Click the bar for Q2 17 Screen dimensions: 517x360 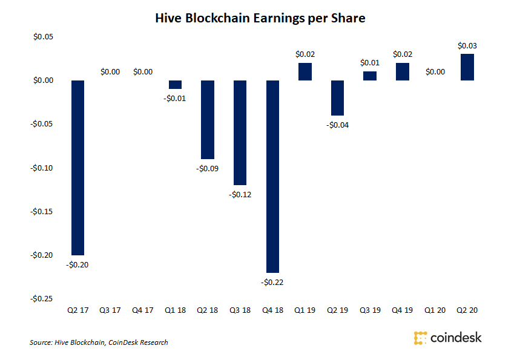click(x=78, y=168)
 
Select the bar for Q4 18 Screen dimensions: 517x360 click(x=272, y=177)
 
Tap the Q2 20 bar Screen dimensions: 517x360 click(x=467, y=67)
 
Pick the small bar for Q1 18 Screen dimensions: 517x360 click(x=175, y=85)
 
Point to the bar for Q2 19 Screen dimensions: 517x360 click(x=337, y=98)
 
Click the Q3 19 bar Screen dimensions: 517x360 click(x=370, y=76)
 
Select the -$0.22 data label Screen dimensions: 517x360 click(x=272, y=282)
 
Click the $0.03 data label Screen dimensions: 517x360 click(x=467, y=46)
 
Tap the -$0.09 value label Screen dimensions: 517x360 click(x=208, y=168)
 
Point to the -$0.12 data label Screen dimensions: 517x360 click(x=240, y=194)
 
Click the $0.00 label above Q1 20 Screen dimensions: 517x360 click(x=435, y=71)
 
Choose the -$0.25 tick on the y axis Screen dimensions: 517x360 click(x=42, y=298)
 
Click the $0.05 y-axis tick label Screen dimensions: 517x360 click(x=43, y=36)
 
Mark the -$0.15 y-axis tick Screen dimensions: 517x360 click(x=42, y=211)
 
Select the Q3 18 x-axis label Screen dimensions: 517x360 click(x=240, y=310)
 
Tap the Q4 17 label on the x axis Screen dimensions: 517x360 click(x=143, y=310)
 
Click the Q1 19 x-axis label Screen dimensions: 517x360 click(x=305, y=310)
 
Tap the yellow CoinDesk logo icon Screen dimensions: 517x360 click(x=420, y=338)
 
